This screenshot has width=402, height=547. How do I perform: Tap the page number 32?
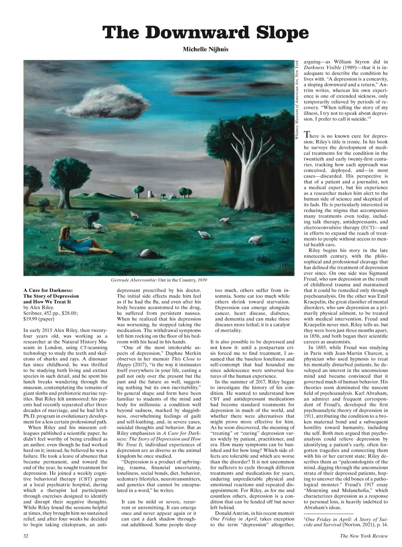pos(26,536)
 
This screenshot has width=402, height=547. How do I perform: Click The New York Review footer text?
pos(364,536)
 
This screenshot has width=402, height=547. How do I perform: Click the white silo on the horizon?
pos(151,194)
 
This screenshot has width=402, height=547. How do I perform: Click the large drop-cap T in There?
pos(307,135)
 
